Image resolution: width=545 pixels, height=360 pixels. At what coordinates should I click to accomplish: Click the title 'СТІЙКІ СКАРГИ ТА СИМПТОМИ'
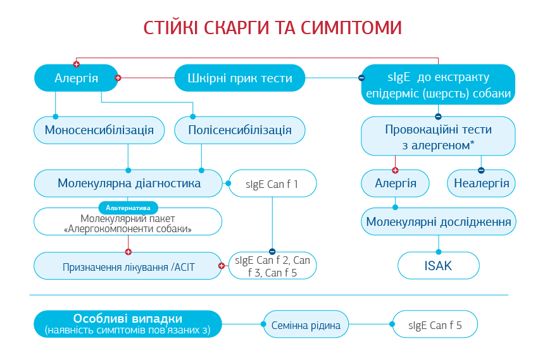pyautogui.click(x=272, y=28)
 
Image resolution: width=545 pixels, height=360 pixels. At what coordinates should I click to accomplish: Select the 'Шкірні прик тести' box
pyautogui.click(x=240, y=78)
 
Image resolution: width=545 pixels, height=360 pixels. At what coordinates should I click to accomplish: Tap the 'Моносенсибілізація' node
pyautogui.click(x=99, y=130)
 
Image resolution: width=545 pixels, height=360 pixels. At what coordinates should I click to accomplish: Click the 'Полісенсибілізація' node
pyautogui.click(x=240, y=130)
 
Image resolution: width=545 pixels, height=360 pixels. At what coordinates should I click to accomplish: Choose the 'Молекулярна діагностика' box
pyautogui.click(x=129, y=183)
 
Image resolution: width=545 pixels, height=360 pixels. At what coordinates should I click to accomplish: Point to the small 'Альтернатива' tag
pyautogui.click(x=128, y=208)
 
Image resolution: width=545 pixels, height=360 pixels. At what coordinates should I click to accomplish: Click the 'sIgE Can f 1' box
pyautogui.click(x=272, y=184)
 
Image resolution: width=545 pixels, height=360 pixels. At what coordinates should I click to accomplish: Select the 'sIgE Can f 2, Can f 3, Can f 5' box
pyautogui.click(x=272, y=266)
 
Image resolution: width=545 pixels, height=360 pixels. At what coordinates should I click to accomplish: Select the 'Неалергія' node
pyautogui.click(x=481, y=183)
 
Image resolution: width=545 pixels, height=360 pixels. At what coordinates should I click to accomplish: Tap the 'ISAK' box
pyautogui.click(x=438, y=266)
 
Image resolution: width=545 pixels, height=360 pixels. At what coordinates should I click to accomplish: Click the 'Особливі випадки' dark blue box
pyautogui.click(x=128, y=323)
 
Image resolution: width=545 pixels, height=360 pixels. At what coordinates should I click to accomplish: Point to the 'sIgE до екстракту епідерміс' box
pyautogui.click(x=438, y=85)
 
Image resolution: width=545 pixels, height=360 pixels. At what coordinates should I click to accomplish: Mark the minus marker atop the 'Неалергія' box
pyautogui.click(x=481, y=170)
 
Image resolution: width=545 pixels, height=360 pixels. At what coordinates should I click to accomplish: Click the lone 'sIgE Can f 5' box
pyautogui.click(x=435, y=325)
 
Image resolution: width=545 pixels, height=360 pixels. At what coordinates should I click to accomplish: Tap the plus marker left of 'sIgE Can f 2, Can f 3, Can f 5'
pyautogui.click(x=222, y=266)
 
